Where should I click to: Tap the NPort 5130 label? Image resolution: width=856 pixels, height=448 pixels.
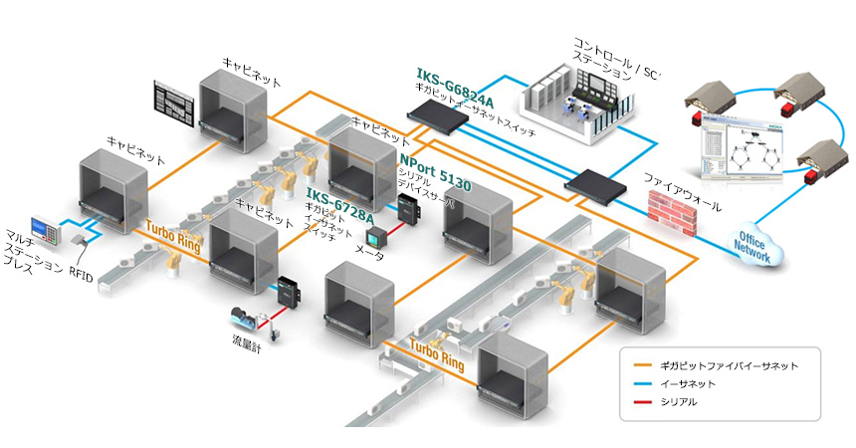[434, 171]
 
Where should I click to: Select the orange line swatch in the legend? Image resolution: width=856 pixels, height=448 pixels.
[638, 365]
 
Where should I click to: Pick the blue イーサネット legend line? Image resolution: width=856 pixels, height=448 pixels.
[638, 384]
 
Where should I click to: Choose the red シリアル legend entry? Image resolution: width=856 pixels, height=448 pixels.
[638, 402]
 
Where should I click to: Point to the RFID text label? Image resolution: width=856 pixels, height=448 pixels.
[82, 277]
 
